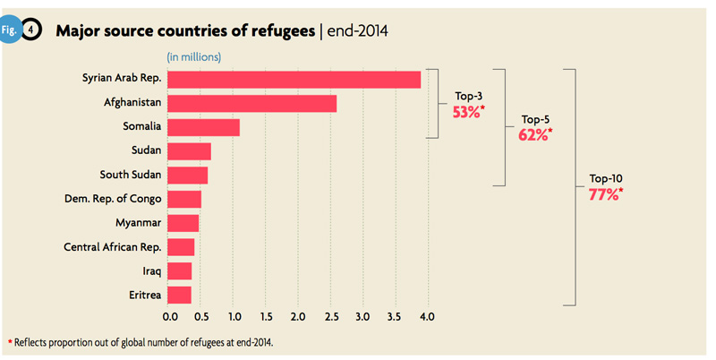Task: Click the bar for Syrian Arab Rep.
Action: (x=294, y=80)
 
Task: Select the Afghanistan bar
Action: (x=251, y=104)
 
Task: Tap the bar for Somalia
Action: (x=203, y=128)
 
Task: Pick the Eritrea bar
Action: (x=179, y=295)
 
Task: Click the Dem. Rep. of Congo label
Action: (x=112, y=198)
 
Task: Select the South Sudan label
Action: (x=131, y=175)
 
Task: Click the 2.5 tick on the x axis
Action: (x=330, y=316)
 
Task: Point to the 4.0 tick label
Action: (x=426, y=316)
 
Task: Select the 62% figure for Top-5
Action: (x=533, y=135)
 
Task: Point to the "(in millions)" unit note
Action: (x=194, y=57)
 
